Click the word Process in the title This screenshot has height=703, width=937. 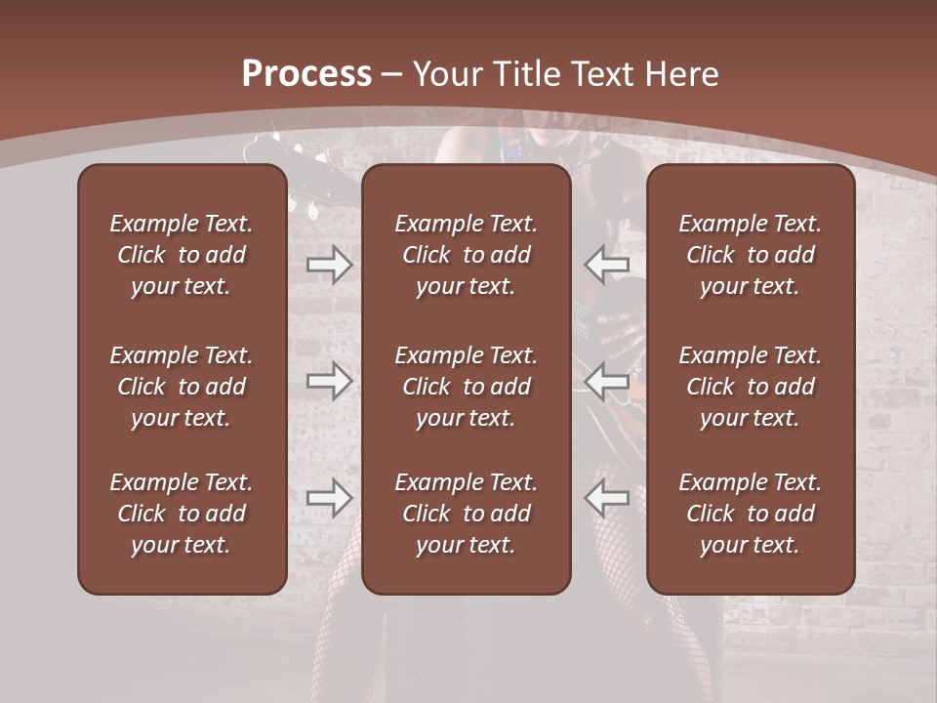click(306, 74)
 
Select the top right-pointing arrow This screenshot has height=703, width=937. click(329, 265)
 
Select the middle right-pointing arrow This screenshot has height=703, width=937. click(329, 382)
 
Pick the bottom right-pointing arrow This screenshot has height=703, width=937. click(329, 499)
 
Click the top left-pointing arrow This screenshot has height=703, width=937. click(606, 265)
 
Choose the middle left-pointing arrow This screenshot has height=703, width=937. click(606, 382)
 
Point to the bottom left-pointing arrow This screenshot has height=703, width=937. click(606, 499)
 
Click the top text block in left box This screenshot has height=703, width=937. click(182, 255)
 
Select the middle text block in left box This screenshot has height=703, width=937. click(182, 387)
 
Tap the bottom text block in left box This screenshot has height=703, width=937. click(182, 514)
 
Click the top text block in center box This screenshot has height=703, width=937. click(466, 255)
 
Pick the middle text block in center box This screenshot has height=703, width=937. click(466, 387)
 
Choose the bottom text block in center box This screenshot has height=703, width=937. click(466, 514)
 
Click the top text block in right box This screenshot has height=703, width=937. click(750, 255)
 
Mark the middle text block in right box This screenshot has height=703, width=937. click(750, 387)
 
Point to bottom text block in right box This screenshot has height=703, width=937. click(750, 514)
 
